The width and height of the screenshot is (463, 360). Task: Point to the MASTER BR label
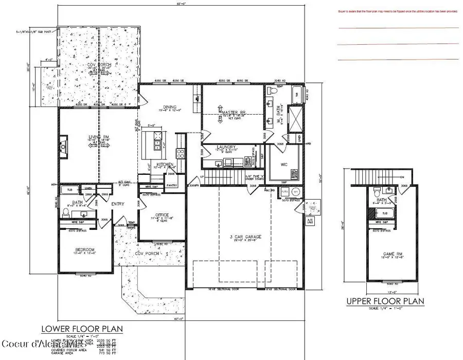point(232,112)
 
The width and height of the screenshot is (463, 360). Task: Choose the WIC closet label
point(283,165)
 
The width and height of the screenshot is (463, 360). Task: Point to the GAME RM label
point(388,254)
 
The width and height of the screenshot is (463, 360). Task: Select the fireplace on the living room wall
point(63,145)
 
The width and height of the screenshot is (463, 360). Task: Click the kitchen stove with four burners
point(181,153)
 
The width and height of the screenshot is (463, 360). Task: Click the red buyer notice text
point(397,11)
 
